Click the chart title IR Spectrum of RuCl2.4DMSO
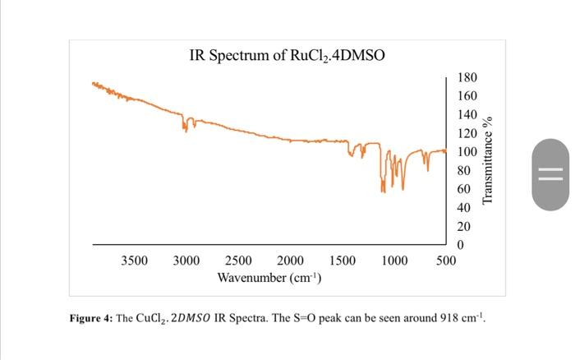coord(287,56)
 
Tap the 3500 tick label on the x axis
coord(135,261)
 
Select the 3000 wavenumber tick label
coord(186,261)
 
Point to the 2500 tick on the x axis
coord(238,261)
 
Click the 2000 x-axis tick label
coord(290,261)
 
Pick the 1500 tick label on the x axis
coord(342,261)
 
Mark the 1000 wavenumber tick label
coord(394,261)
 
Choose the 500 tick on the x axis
coord(446,261)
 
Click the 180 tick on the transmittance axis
coord(467,78)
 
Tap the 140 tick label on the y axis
coord(467,115)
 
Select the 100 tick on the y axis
coord(467,152)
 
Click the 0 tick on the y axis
coord(461,245)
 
